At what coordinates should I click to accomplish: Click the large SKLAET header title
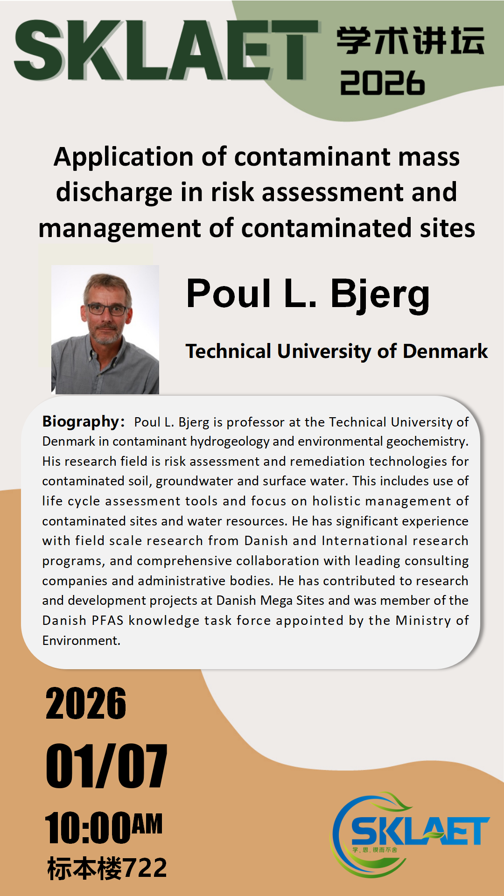[166, 50]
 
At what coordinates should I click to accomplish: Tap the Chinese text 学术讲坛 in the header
[411, 41]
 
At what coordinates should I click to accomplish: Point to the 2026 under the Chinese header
[383, 83]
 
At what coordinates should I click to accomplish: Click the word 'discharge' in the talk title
[114, 192]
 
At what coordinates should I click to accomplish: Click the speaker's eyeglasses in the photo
[106, 309]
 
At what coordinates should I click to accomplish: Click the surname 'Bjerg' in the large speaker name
[380, 294]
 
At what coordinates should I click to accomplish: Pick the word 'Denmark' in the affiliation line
[445, 351]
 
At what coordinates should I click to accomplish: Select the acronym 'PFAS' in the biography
[107, 621]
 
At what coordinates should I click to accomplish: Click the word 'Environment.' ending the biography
[81, 641]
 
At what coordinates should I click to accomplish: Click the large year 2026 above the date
[86, 703]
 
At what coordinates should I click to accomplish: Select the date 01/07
[106, 766]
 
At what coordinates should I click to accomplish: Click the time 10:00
[88, 828]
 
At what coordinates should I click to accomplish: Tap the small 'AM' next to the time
[147, 824]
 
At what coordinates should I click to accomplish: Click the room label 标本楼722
[107, 868]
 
